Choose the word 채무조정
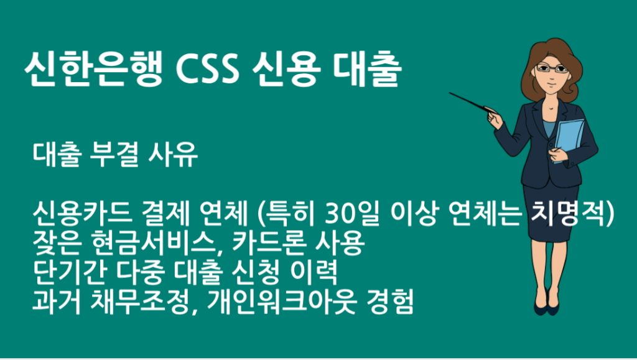click(x=142, y=303)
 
